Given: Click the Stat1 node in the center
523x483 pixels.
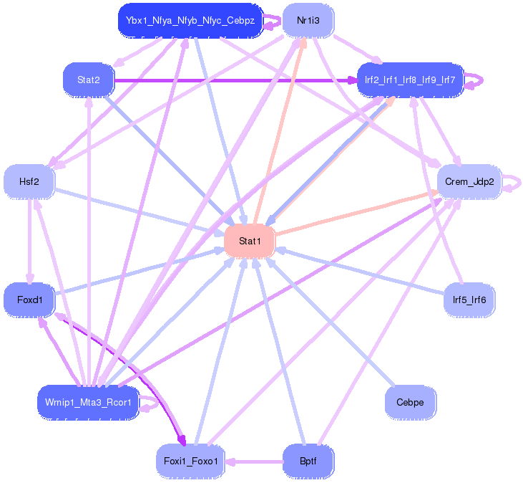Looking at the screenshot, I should pos(250,241).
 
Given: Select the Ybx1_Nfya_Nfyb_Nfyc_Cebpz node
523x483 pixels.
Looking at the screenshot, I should pos(190,20).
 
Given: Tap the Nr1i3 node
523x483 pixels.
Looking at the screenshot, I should pos(308,20).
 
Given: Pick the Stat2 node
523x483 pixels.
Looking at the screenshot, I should pos(89,80).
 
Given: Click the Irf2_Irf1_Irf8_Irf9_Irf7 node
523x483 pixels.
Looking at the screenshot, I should pos(411,80).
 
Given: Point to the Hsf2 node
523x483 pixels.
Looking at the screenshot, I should pos(29,182).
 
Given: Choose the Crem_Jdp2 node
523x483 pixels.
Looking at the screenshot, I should pos(469,181).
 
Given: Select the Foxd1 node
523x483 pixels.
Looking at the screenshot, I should pos(29,300).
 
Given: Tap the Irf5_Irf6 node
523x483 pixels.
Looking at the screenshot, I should pos(469,300).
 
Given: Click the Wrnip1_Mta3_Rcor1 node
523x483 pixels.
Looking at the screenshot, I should pos(88,403).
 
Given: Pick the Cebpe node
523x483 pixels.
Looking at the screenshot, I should pos(410,402).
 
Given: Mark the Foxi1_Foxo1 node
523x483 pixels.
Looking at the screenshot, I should pos(190,461).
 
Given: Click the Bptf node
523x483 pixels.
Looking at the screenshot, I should pos(308,461).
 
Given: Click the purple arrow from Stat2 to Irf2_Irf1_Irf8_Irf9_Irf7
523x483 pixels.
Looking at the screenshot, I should pos(236,80).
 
